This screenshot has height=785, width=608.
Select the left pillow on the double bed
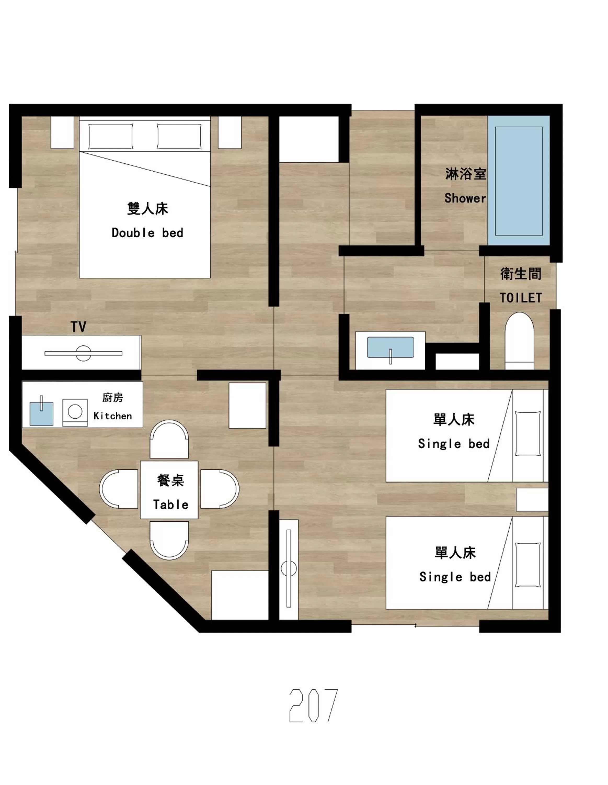coord(111,136)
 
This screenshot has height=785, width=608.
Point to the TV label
coord(78,327)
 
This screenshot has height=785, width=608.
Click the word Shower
coord(465,198)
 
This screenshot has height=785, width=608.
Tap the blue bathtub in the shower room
coord(519,181)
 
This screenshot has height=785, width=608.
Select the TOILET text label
coord(520,298)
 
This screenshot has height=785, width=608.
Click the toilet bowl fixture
coord(519,340)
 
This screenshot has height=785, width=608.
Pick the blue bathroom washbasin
coord(390,347)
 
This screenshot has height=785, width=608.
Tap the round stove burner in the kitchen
coord(75,412)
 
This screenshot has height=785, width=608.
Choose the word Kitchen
coord(112,416)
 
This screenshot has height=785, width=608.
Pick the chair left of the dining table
coord(119,489)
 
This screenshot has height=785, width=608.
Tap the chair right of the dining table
coord(219,489)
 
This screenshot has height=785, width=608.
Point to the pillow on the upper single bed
coord(527,434)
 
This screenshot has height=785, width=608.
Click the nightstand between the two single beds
coord(532,500)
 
